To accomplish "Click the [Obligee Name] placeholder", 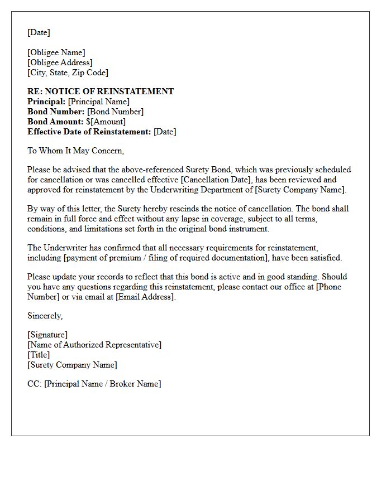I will pyautogui.click(x=56, y=52).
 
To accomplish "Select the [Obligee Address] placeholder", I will pyautogui.click(x=60, y=62).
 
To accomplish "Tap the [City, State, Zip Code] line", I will pyautogui.click(x=68, y=73).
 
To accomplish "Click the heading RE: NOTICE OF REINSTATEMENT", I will pyautogui.click(x=101, y=91).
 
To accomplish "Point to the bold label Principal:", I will pyautogui.click(x=46, y=102).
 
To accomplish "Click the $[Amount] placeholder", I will pyautogui.click(x=106, y=122).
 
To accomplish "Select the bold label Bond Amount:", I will pyautogui.click(x=55, y=122).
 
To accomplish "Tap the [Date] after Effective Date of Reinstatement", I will pyautogui.click(x=165, y=132).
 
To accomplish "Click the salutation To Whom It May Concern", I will pyautogui.click(x=75, y=151).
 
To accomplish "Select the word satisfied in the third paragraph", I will pyautogui.click(x=323, y=258).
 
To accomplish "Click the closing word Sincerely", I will pyautogui.click(x=45, y=316).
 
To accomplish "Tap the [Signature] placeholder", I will pyautogui.click(x=47, y=335).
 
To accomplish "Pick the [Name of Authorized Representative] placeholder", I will pyautogui.click(x=94, y=345).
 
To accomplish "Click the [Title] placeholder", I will pyautogui.click(x=39, y=355).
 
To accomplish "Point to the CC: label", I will pyautogui.click(x=35, y=384).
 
